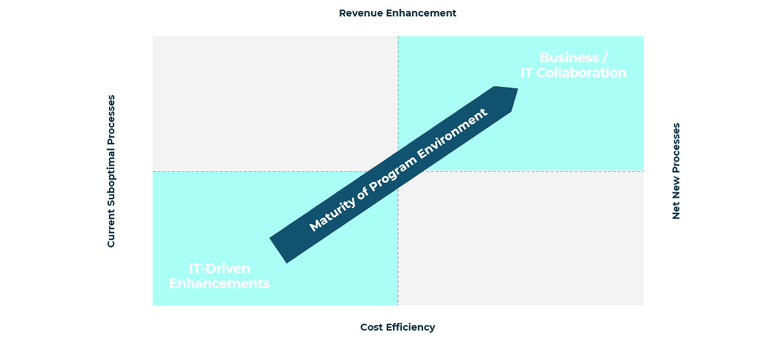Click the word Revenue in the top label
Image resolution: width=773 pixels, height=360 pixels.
tap(361, 13)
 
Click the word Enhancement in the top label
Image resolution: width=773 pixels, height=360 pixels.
tap(421, 13)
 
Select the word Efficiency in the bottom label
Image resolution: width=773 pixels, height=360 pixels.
tap(411, 328)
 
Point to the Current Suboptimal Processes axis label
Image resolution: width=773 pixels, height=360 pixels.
tap(111, 171)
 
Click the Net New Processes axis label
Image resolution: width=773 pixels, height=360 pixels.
tap(676, 171)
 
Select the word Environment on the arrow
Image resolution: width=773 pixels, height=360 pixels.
tap(453, 132)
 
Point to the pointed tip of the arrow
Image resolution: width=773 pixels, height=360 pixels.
tap(518, 89)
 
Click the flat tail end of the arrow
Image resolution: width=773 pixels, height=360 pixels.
tap(278, 250)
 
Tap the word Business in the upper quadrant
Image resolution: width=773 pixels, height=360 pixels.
tap(569, 57)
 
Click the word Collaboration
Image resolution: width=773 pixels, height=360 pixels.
tap(581, 73)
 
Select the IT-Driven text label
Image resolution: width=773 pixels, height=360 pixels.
tap(219, 268)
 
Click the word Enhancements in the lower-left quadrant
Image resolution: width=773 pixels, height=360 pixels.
tap(219, 283)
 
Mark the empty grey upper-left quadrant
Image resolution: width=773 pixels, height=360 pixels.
tap(275, 103)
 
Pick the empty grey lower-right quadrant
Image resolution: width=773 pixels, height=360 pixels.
tap(520, 238)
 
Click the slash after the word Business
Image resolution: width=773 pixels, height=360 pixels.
tap(605, 58)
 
